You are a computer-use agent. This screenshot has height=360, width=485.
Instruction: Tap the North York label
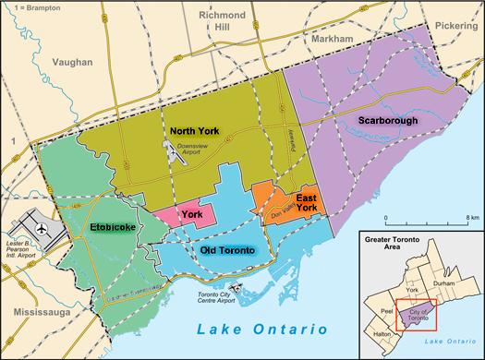[x=194, y=132]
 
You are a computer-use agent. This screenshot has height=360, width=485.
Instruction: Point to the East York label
[x=307, y=202]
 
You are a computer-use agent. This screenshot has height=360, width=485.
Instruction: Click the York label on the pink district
[x=191, y=215]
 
